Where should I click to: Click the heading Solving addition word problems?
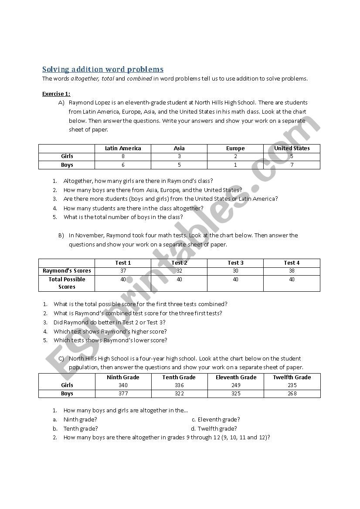(103, 69)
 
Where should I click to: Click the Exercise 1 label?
(56, 94)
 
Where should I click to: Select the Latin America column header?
(123, 148)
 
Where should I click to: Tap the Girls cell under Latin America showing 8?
(123, 156)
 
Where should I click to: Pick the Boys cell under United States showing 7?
(292, 165)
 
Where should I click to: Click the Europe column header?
(235, 148)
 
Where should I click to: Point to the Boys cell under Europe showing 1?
(235, 165)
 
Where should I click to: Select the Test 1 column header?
(123, 263)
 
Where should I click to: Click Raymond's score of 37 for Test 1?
(123, 271)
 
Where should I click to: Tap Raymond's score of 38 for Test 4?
(292, 271)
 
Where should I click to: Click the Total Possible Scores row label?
(67, 283)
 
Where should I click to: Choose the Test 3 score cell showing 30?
(235, 271)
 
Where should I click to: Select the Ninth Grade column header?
(123, 378)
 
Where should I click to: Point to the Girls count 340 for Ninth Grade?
(123, 385)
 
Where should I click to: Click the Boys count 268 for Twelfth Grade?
(292, 394)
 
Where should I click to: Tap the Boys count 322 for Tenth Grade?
(179, 394)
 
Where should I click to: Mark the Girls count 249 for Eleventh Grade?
(235, 385)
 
